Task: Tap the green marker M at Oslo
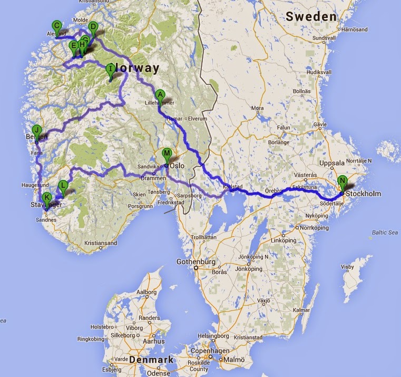tap(167, 154)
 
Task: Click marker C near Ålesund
tap(56, 25)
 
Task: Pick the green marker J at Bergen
tap(37, 130)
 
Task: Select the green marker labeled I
tap(110, 69)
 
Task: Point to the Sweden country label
tap(311, 17)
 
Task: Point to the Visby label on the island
tap(347, 267)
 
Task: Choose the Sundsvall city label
tap(324, 38)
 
